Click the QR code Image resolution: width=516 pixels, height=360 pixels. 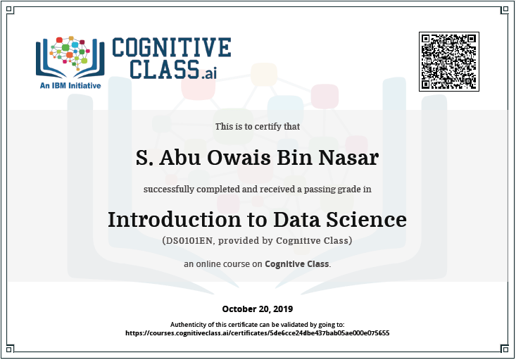click(449, 61)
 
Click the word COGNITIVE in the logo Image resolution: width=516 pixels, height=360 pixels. click(172, 47)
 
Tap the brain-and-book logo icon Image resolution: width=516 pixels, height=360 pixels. click(70, 57)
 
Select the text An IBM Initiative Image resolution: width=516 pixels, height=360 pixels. click(70, 86)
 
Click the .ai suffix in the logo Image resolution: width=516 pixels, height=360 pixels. click(208, 73)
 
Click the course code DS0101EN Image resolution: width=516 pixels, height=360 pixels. click(189, 241)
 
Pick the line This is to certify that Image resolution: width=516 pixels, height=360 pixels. click(258, 127)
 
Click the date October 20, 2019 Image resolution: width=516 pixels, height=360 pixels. click(258, 309)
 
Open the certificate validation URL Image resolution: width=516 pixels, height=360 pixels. click(258, 333)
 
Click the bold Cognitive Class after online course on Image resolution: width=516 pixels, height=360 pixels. click(297, 264)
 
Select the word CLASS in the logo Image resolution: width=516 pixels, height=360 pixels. click(165, 69)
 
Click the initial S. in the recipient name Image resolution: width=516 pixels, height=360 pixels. click(144, 157)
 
